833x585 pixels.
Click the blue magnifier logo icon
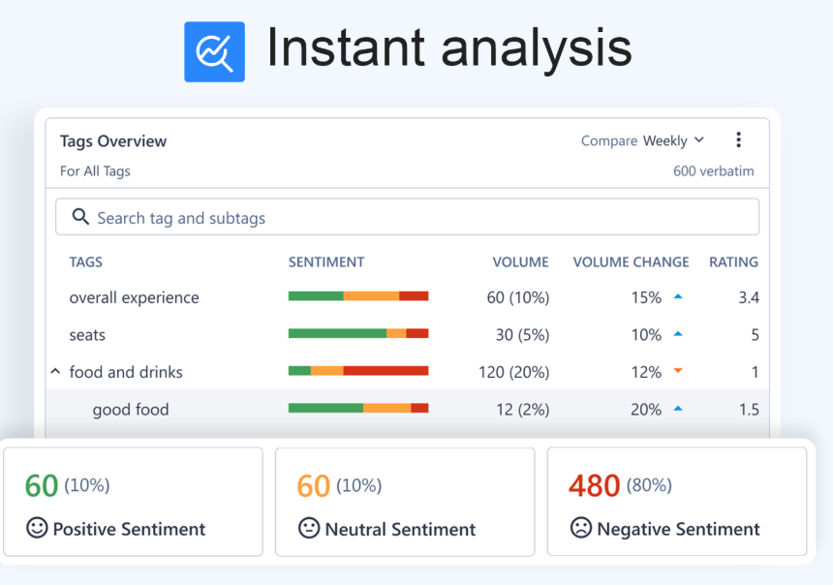coord(214,51)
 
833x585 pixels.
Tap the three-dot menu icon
coord(738,140)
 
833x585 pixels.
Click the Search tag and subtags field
coord(407,218)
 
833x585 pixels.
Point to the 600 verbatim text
coord(713,171)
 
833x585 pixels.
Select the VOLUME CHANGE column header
coord(631,262)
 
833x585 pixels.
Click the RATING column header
coord(733,262)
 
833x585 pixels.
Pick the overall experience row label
coord(134,297)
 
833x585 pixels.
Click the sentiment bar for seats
coord(357,333)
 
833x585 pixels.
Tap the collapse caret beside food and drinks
coord(55,371)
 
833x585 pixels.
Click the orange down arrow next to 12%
coord(678,371)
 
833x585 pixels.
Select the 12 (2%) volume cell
coord(522,410)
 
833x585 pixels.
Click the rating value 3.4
coord(748,297)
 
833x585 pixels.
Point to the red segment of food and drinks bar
coord(386,370)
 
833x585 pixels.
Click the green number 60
coord(42,485)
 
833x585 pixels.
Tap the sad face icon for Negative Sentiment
coord(580,528)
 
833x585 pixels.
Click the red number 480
coord(594,485)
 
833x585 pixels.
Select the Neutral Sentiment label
coord(400,529)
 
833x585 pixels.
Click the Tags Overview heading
coord(113,141)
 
